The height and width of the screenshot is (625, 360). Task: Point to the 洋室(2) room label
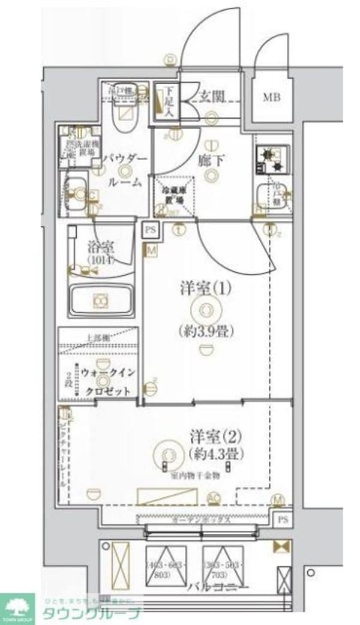click(x=200, y=435)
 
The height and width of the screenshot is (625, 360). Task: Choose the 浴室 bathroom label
click(x=100, y=247)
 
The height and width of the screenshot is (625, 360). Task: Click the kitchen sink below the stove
click(x=267, y=194)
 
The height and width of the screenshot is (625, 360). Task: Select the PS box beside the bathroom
click(x=150, y=229)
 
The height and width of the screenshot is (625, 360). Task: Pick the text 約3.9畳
click(x=206, y=331)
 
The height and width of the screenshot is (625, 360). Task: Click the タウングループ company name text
click(x=90, y=612)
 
